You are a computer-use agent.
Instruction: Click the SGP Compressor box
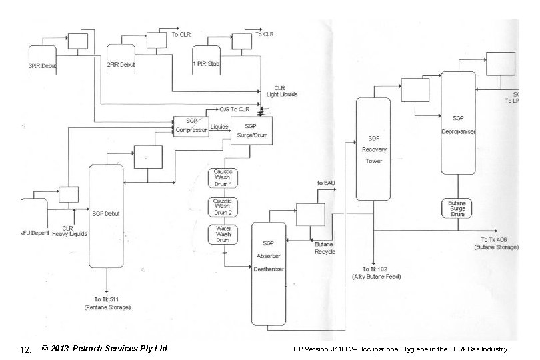[x=191, y=127]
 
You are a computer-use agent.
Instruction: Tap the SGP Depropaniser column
[x=457, y=126]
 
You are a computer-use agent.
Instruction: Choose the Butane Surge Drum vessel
[x=457, y=209]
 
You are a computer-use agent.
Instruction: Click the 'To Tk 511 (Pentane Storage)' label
[x=107, y=303]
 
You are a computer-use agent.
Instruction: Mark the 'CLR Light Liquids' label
[x=283, y=91]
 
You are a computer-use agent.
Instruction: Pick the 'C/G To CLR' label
[x=235, y=108]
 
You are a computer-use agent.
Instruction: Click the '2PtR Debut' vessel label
[x=121, y=65]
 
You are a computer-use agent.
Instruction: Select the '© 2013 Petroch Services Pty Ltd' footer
[x=103, y=349]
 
